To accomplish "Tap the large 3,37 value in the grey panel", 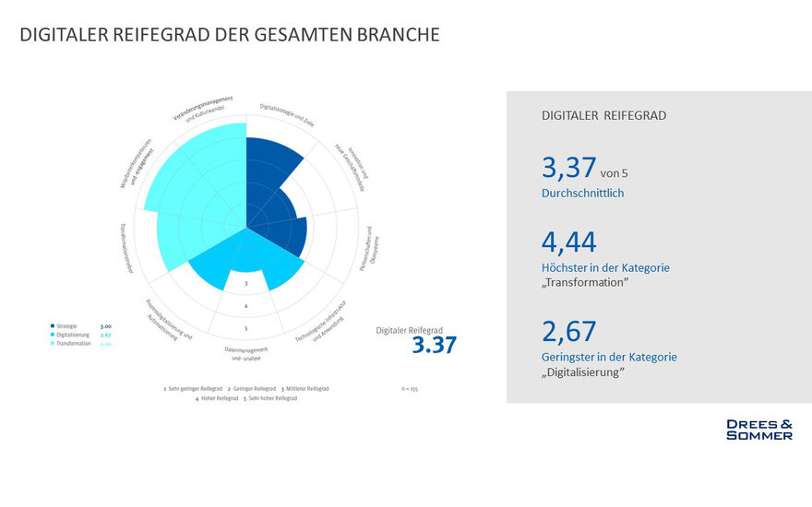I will (568, 169).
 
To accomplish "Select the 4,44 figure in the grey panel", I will (568, 242).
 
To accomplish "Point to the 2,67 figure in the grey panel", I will (568, 331).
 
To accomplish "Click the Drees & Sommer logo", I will (758, 430).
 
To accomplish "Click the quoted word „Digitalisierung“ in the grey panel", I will (583, 371).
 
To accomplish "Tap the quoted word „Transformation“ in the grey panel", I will (585, 282).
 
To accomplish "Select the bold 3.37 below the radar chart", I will (434, 345).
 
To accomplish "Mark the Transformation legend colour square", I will (53, 343).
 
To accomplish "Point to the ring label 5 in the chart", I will (246, 328).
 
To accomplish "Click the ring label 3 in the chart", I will (246, 283).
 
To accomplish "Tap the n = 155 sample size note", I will (410, 389).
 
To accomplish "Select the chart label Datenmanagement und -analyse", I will (246, 352).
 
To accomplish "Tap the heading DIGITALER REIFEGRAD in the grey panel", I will (603, 116).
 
